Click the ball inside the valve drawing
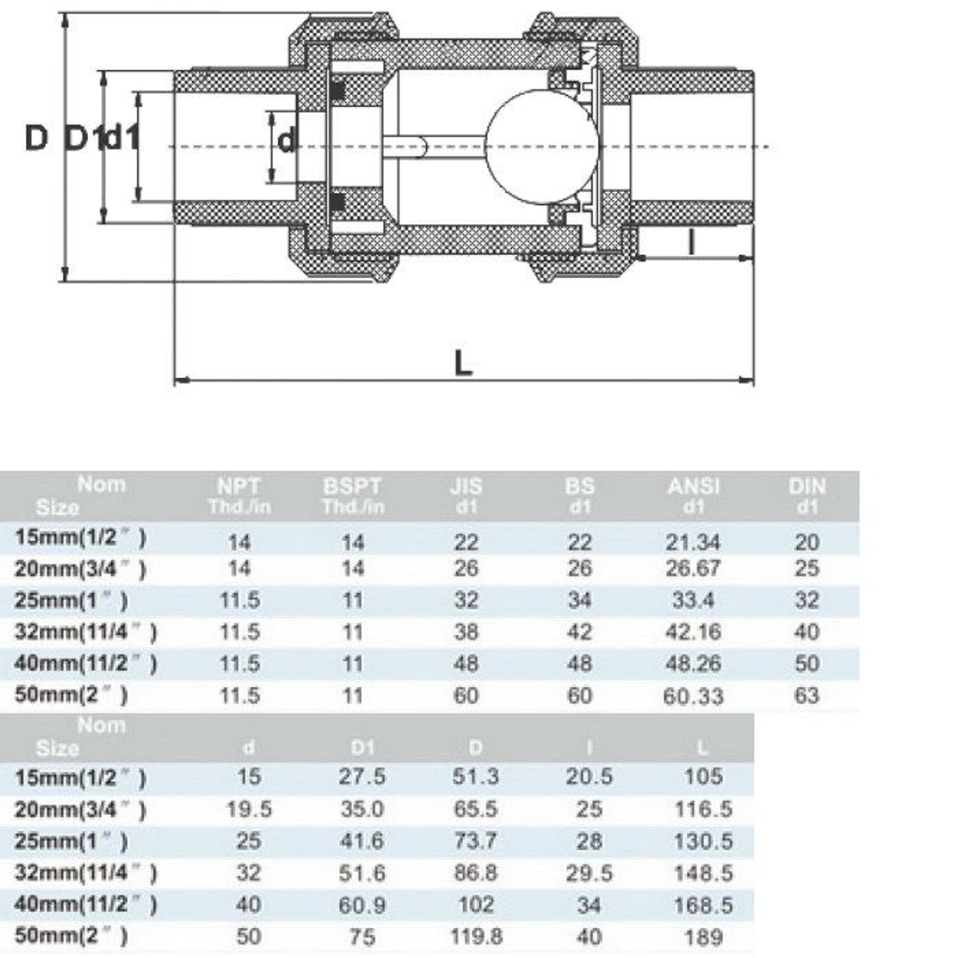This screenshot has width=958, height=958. [541, 147]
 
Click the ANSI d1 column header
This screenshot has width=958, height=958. [694, 496]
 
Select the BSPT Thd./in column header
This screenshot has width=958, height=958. [353, 496]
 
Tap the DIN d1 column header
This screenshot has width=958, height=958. [807, 496]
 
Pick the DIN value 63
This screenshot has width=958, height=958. [807, 695]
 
